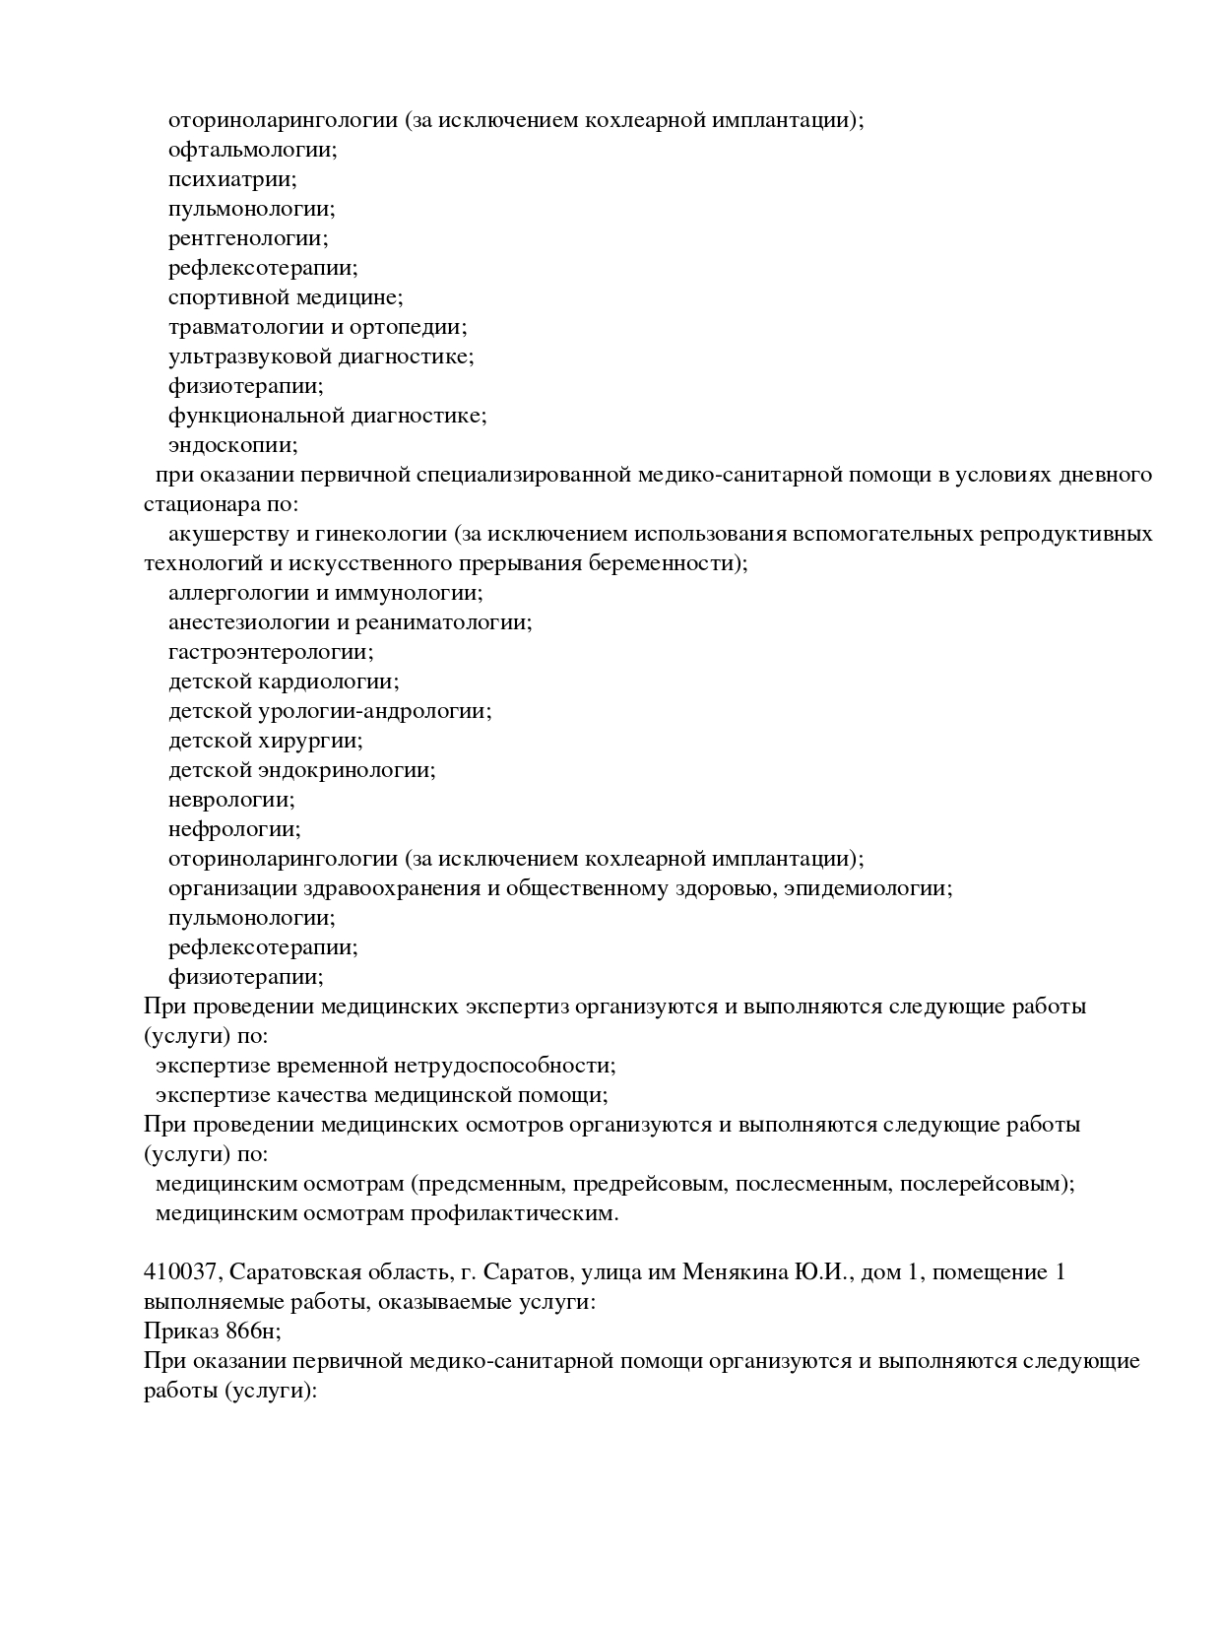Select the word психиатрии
click(231, 180)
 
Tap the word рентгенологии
click(247, 239)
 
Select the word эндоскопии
click(232, 446)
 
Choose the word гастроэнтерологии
click(271, 653)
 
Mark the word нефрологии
click(233, 830)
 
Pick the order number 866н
click(253, 1332)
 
